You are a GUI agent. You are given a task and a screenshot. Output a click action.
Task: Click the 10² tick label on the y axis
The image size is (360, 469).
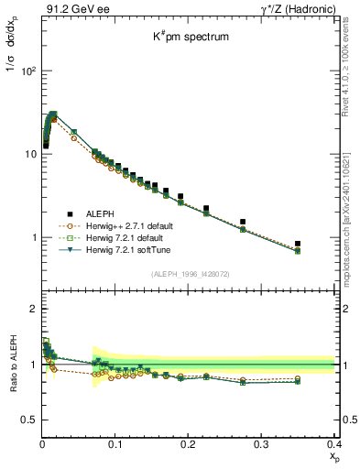click(x=27, y=71)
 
